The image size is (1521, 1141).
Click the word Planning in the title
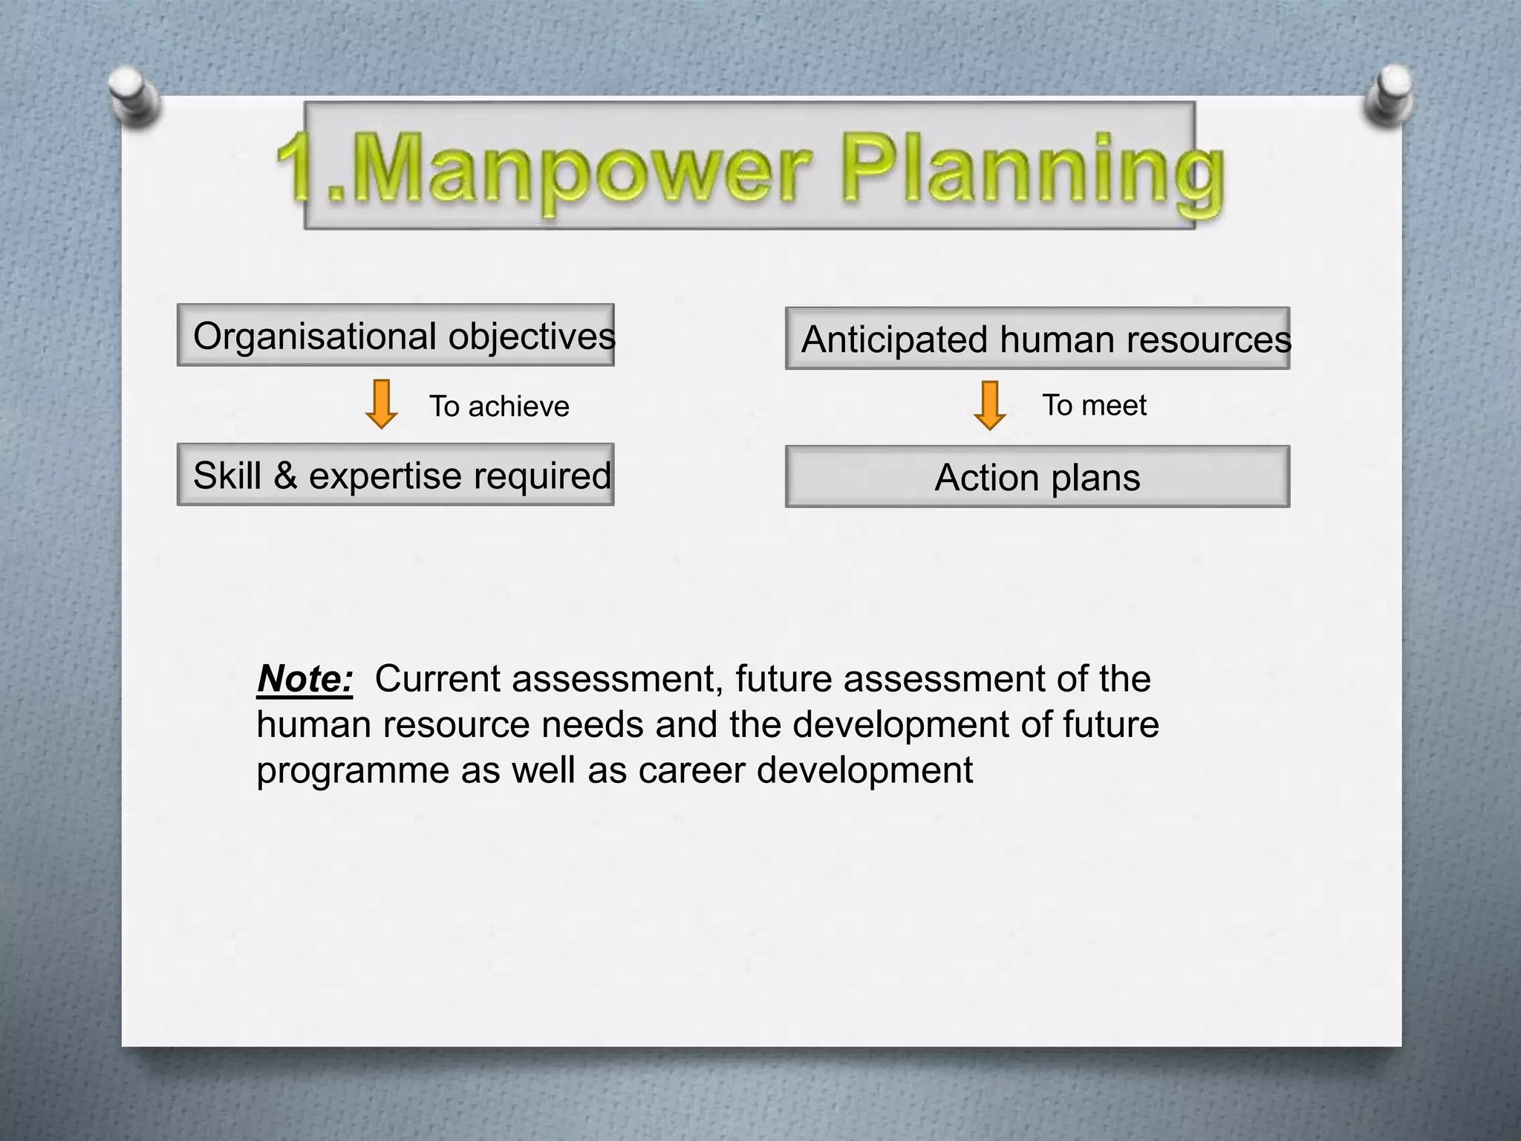(1032, 169)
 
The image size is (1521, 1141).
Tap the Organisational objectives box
(396, 336)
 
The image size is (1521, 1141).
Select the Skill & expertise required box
(396, 475)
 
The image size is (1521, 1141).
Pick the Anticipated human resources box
(1038, 339)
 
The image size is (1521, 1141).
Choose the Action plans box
(1038, 477)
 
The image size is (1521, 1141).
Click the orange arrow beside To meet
(989, 406)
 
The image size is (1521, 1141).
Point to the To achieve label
(499, 406)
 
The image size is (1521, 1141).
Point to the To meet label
(1094, 405)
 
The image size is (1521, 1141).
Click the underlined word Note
(304, 679)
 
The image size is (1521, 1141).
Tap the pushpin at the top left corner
(132, 95)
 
